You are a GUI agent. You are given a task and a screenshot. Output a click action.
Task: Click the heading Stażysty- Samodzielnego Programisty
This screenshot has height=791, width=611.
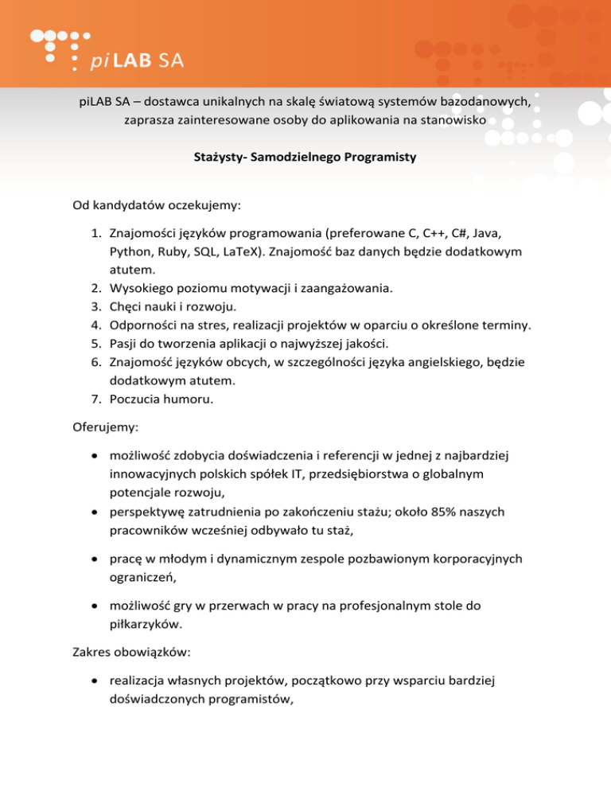(x=305, y=157)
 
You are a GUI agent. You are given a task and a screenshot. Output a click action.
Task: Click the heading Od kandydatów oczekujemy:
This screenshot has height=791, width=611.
(x=157, y=206)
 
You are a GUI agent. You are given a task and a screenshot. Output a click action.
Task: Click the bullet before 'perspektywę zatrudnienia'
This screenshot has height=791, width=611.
(x=95, y=512)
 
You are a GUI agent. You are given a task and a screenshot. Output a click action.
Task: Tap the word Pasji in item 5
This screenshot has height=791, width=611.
(x=126, y=344)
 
